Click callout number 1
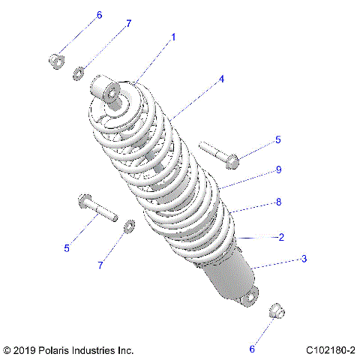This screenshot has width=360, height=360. [173, 36]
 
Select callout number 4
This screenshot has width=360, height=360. [221, 78]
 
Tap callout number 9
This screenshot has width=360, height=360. [278, 170]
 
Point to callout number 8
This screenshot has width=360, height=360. [278, 202]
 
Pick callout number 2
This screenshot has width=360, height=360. [280, 237]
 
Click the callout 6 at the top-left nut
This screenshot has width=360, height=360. [99, 15]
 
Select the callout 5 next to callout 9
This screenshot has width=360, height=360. [278, 139]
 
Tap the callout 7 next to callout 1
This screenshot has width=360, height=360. [128, 24]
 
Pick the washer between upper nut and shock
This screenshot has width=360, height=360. [79, 73]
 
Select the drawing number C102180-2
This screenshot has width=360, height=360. [330, 350]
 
